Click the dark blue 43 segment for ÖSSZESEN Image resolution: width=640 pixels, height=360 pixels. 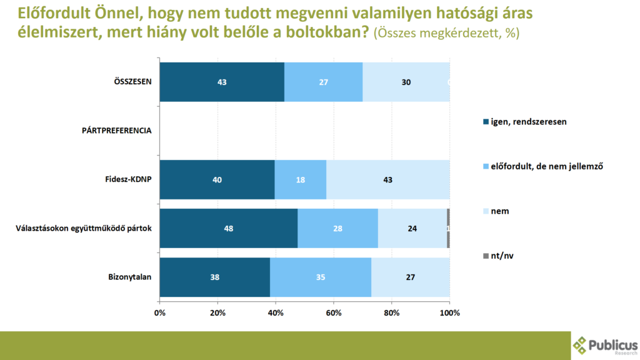(222, 82)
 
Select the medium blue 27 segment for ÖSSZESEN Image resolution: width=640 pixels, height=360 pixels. (323, 82)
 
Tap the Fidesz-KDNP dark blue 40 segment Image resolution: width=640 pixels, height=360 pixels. (217, 179)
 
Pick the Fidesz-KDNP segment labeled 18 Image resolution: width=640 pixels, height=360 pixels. (301, 179)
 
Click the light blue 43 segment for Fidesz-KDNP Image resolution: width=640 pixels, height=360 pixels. (387, 179)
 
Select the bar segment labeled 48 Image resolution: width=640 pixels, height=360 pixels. (229, 228)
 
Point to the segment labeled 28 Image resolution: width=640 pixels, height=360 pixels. (337, 228)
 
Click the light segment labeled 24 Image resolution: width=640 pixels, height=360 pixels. (412, 228)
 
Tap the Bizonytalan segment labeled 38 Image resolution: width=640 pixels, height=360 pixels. (214, 277)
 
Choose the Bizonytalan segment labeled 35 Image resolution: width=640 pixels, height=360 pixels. (321, 277)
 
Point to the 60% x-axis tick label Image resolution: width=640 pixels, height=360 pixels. (333, 312)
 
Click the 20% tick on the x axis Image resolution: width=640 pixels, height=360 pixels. (217, 312)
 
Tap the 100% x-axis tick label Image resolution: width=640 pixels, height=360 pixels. (450, 312)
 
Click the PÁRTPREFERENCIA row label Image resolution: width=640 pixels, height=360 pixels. (116, 131)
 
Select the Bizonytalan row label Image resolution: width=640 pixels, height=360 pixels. (130, 277)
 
